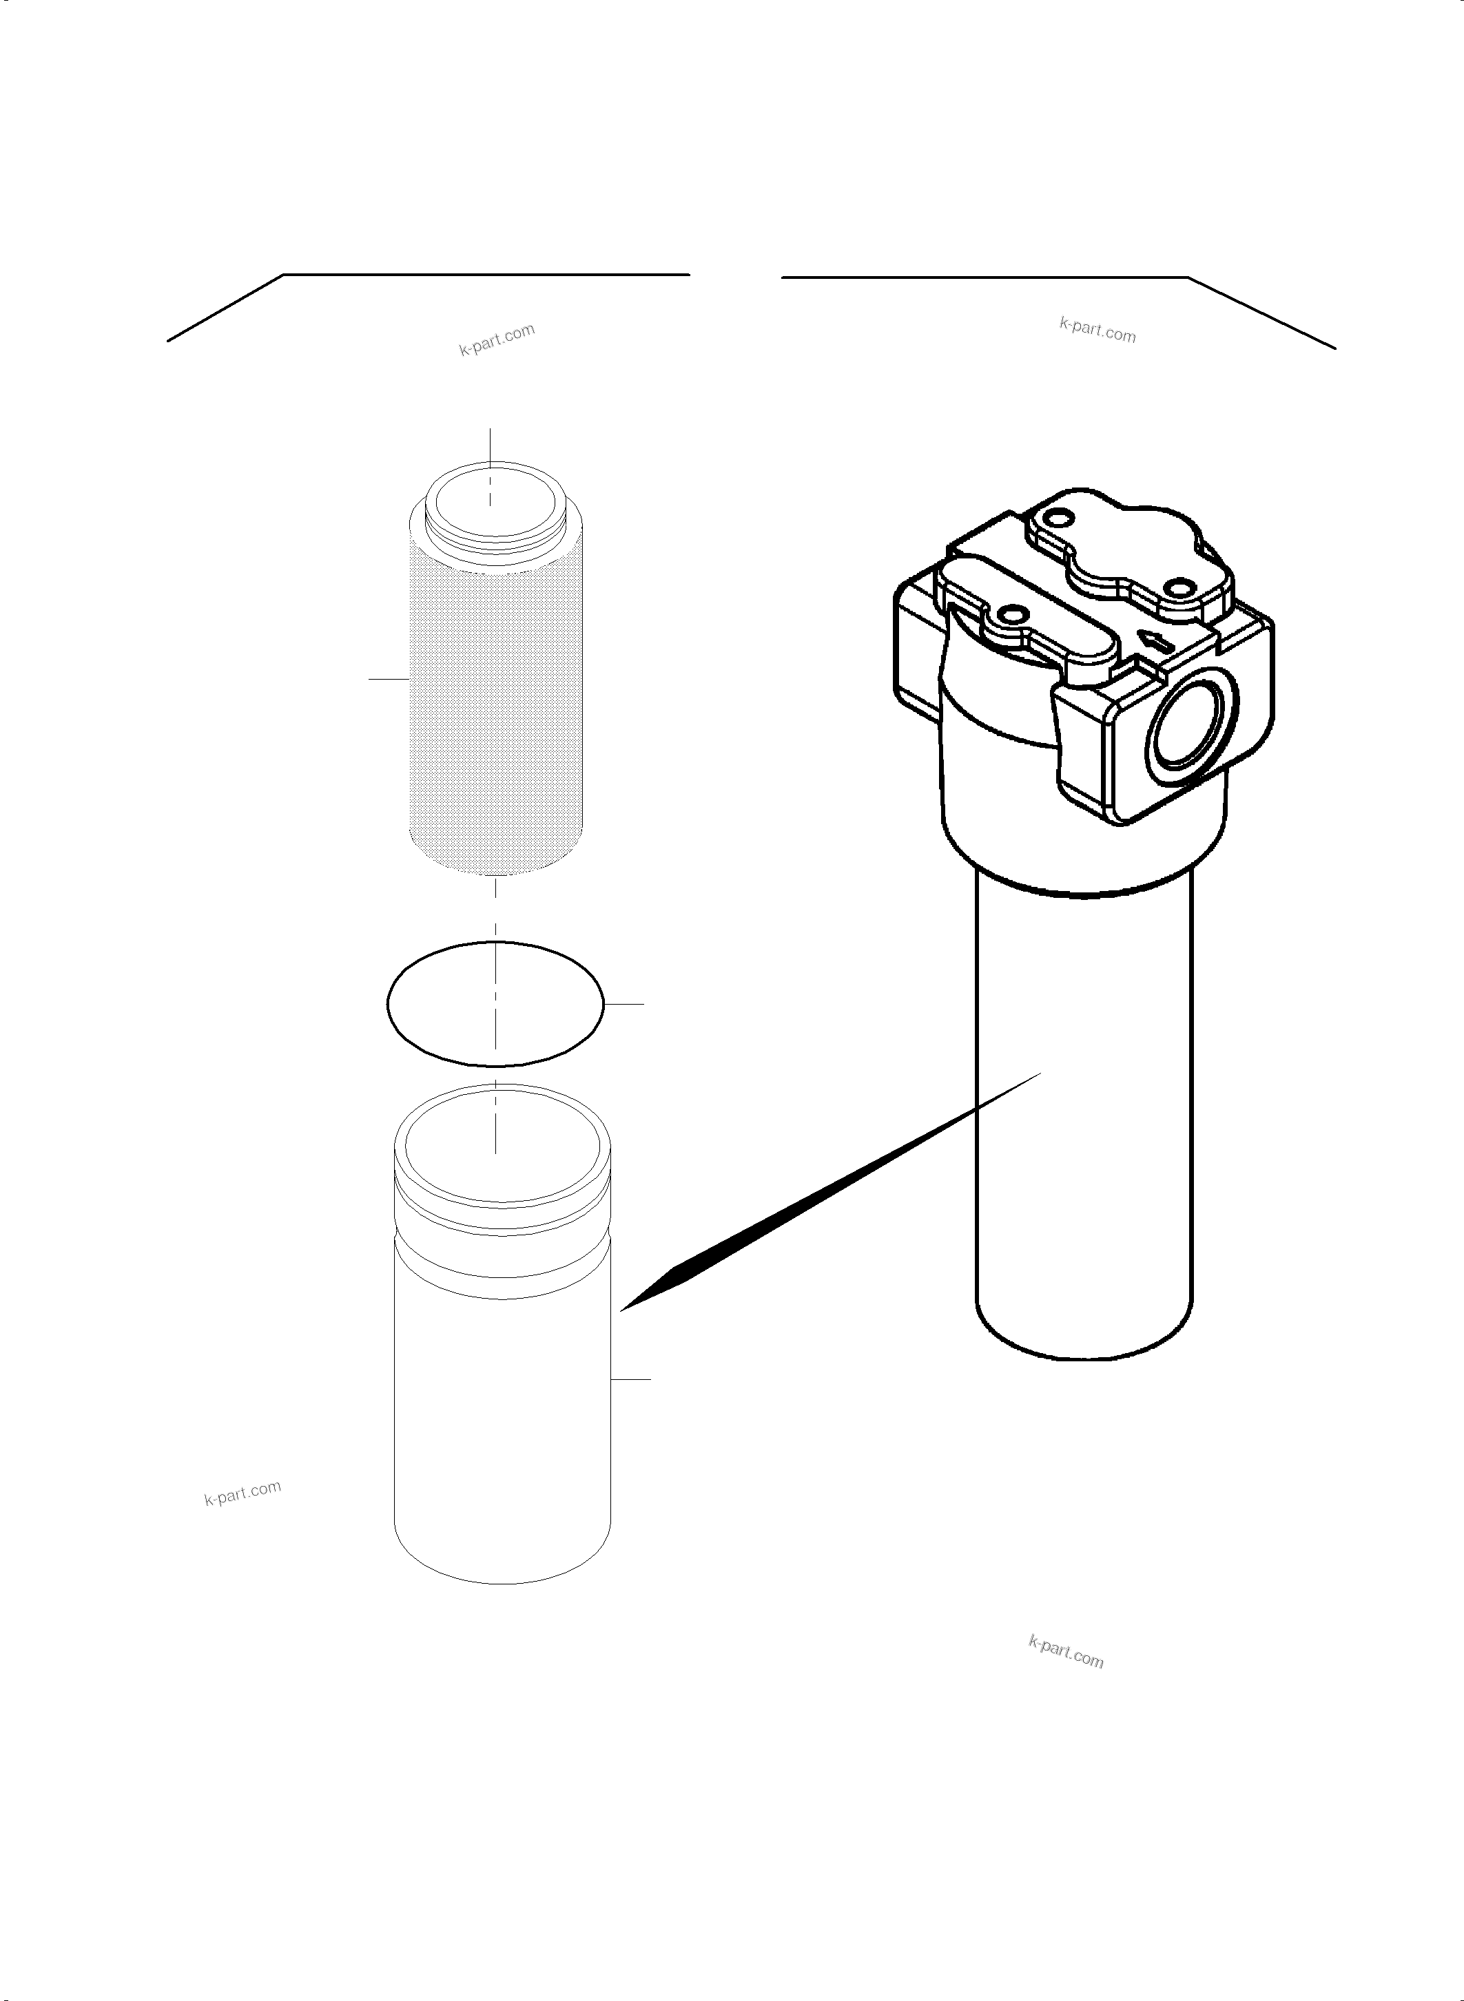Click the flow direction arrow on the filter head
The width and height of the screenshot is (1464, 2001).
coord(1155,640)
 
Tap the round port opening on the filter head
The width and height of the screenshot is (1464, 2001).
coord(1186,724)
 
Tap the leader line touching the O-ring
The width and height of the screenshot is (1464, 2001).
coord(624,1004)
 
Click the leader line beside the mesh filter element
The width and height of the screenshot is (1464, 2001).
coord(388,678)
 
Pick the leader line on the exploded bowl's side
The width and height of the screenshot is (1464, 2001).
coord(631,1379)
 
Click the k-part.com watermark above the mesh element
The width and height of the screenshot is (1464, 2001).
coord(496,339)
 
